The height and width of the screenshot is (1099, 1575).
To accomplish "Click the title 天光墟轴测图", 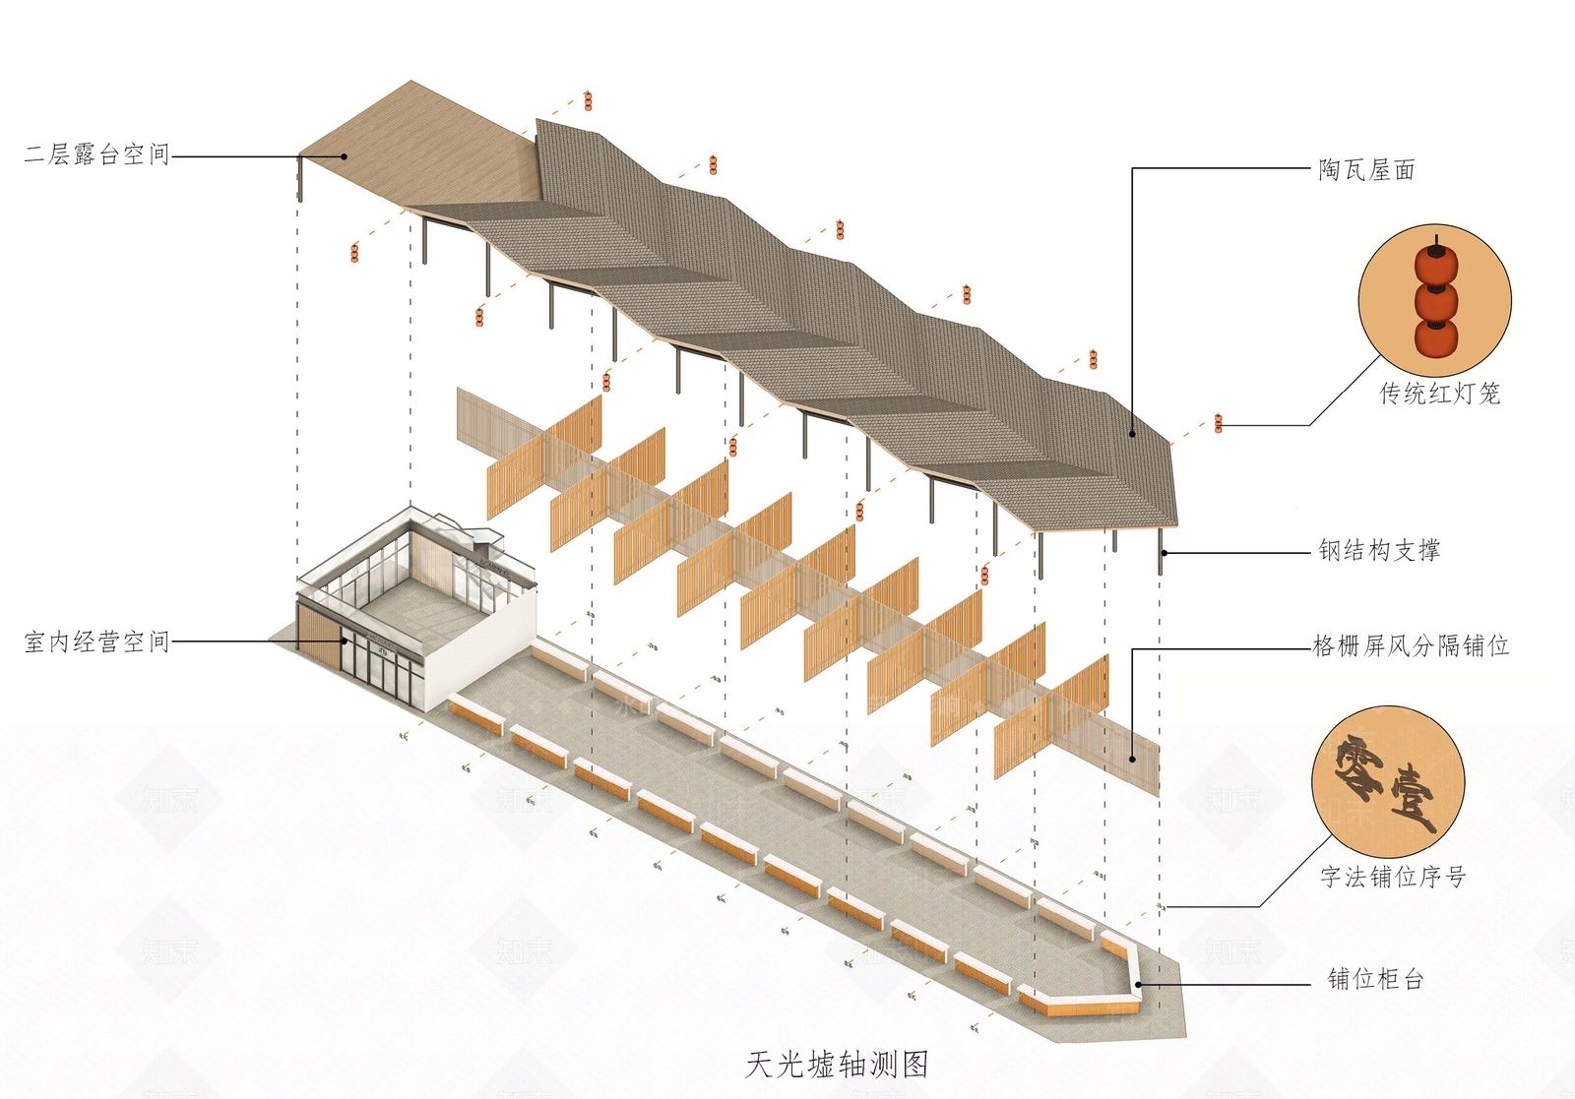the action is [837, 1064].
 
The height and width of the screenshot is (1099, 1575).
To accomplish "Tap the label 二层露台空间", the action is [97, 153].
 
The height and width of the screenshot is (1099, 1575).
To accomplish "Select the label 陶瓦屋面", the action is [1367, 170].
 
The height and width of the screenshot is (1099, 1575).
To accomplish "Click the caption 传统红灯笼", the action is [1440, 393].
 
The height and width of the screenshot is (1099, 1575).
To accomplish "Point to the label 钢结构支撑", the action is [1379, 550].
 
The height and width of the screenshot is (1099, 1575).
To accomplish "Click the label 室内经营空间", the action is [97, 641].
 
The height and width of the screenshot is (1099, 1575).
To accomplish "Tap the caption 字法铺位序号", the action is [1392, 877].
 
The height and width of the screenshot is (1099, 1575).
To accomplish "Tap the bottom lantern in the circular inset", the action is [1436, 338].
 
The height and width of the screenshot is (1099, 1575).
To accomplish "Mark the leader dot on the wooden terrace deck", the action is [345, 156].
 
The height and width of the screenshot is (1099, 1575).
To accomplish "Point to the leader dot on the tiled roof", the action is [1132, 434].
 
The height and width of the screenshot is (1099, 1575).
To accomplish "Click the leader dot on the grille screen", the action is [1132, 759].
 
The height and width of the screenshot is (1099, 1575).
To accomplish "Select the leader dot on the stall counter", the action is [1138, 985].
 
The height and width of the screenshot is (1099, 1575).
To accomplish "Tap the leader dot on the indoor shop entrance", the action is [345, 641].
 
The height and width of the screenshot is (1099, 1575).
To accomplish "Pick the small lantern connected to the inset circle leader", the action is [1219, 423].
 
